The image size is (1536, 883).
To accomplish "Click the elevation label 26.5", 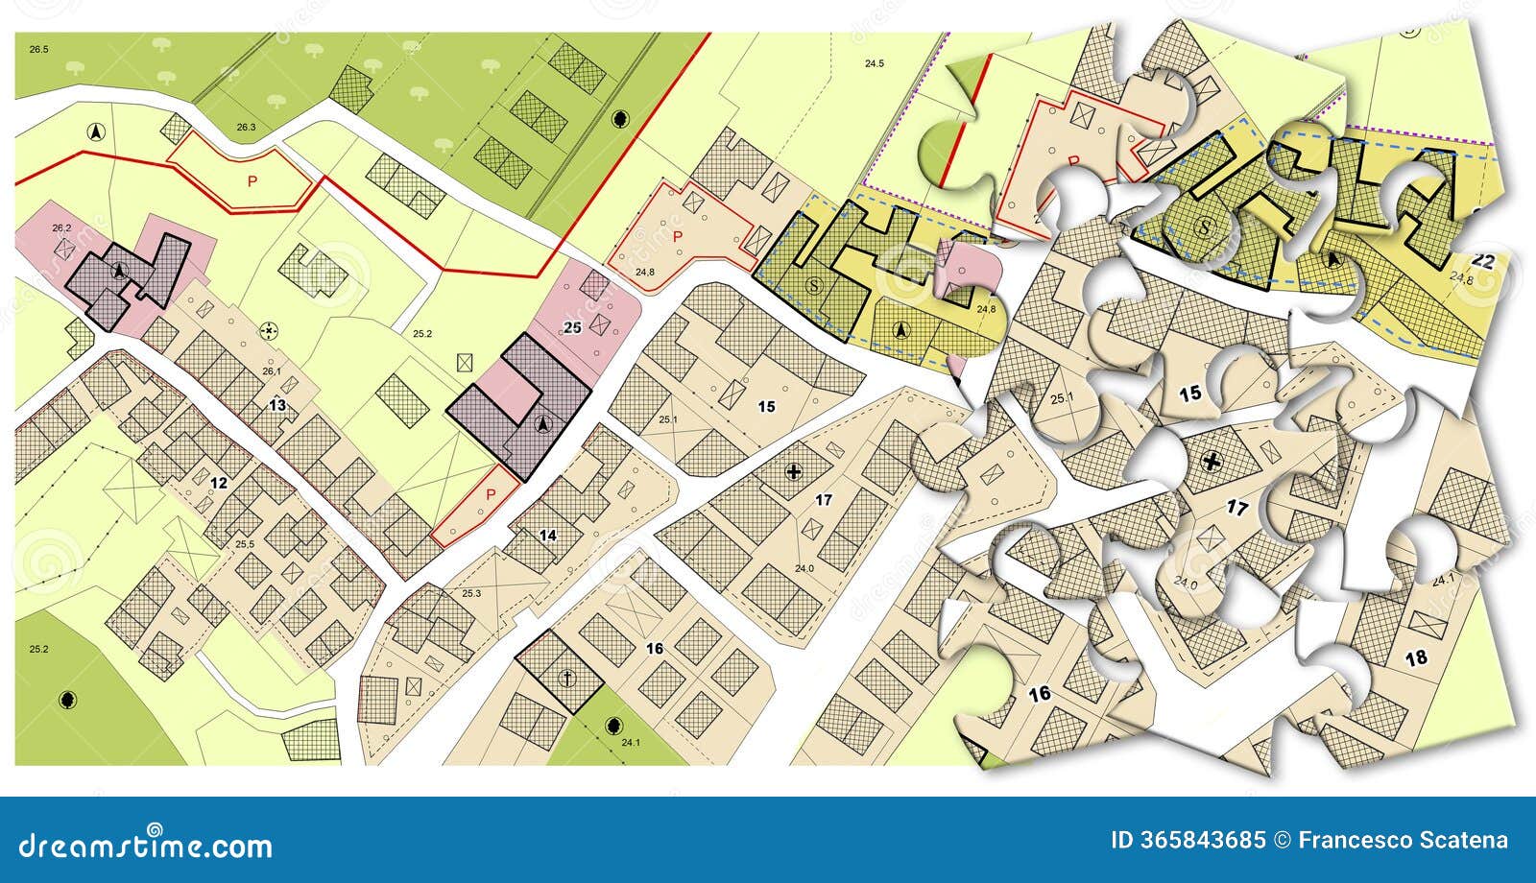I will [38, 47].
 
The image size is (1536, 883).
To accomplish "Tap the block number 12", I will [219, 482].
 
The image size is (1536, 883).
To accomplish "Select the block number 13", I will [276, 405].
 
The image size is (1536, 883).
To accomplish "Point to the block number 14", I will [548, 535].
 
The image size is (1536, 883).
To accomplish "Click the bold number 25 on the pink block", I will [572, 328].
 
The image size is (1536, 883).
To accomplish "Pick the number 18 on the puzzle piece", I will [1415, 657].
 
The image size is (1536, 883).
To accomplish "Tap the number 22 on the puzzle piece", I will [1482, 260].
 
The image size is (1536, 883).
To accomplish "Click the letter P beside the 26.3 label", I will [252, 180].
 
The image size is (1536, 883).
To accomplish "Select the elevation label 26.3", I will [247, 128].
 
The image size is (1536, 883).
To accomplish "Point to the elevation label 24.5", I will [874, 64].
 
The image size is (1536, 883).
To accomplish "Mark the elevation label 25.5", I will [245, 544].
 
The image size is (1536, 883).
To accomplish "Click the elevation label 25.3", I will [471, 594].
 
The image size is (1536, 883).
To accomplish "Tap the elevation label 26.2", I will [62, 227].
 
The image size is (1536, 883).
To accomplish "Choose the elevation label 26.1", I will [272, 371].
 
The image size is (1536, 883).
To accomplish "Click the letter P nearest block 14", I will [491, 495].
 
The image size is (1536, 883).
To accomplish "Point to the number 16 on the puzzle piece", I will [1039, 693].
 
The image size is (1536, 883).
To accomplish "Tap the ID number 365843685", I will [1188, 841].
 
